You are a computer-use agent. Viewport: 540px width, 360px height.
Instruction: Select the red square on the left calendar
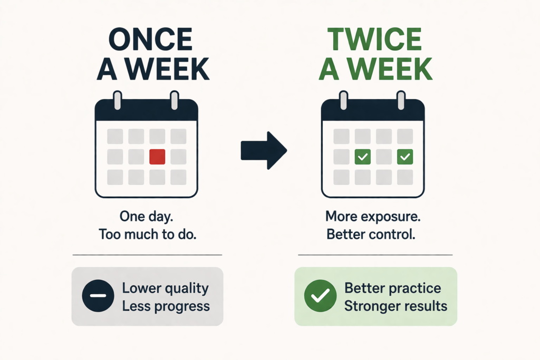[x=157, y=157]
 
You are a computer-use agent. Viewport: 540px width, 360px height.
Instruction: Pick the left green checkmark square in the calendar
[x=362, y=157]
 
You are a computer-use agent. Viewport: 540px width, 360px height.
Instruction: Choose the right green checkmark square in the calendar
[x=404, y=157]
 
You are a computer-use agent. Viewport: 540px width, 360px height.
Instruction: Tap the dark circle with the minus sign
[x=98, y=296]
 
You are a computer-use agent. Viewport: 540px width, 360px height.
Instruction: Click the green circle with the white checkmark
[x=320, y=296]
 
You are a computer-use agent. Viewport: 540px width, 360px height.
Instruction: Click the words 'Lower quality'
[x=165, y=288]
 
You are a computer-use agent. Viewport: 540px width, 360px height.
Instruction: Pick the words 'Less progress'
[x=166, y=306]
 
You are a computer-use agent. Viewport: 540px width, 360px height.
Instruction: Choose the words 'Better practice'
[x=392, y=288]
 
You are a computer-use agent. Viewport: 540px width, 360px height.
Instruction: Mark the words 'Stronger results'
[x=396, y=306]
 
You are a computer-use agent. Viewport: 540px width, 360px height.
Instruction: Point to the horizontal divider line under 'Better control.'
[x=375, y=255]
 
